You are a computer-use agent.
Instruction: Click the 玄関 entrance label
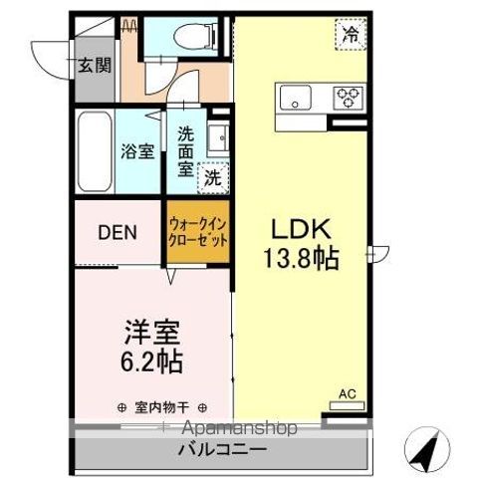point(96,67)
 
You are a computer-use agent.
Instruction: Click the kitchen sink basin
point(295,97)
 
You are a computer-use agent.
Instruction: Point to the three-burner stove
point(348,97)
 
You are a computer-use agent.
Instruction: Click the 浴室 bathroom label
point(138,152)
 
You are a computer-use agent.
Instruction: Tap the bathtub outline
point(95,153)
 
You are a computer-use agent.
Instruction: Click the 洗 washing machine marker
point(212,179)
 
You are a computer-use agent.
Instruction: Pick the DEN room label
point(117,234)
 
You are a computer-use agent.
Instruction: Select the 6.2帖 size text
point(152,359)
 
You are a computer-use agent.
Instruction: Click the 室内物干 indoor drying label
point(160,407)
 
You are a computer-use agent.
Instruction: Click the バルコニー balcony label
point(221,450)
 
